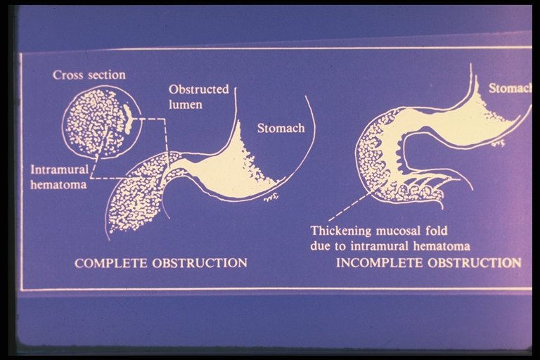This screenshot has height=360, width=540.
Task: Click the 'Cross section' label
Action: coord(89,75)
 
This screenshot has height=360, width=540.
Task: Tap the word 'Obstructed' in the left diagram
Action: coord(199,89)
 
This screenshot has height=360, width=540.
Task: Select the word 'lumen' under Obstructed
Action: coord(186,104)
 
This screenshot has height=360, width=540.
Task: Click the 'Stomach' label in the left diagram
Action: coord(281,128)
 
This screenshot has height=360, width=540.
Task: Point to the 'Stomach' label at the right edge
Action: coord(510,88)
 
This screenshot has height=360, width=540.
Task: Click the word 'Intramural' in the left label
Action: coord(60,169)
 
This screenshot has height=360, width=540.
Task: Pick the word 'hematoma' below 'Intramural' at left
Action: coord(58,185)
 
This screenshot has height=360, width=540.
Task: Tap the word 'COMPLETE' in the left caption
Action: coord(111,263)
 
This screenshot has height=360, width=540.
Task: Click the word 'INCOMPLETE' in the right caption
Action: coord(380,263)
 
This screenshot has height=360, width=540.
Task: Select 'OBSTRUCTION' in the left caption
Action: coord(200,263)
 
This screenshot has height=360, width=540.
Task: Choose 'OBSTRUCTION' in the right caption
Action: coord(475,263)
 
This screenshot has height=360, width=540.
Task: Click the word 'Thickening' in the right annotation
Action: coord(341,231)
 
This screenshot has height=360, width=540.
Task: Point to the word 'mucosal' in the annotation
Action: coord(399,231)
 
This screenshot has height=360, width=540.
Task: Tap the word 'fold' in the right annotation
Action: coord(437,231)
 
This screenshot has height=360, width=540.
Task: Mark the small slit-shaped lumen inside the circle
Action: coord(128,120)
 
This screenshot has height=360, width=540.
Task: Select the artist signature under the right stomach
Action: coord(499,143)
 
